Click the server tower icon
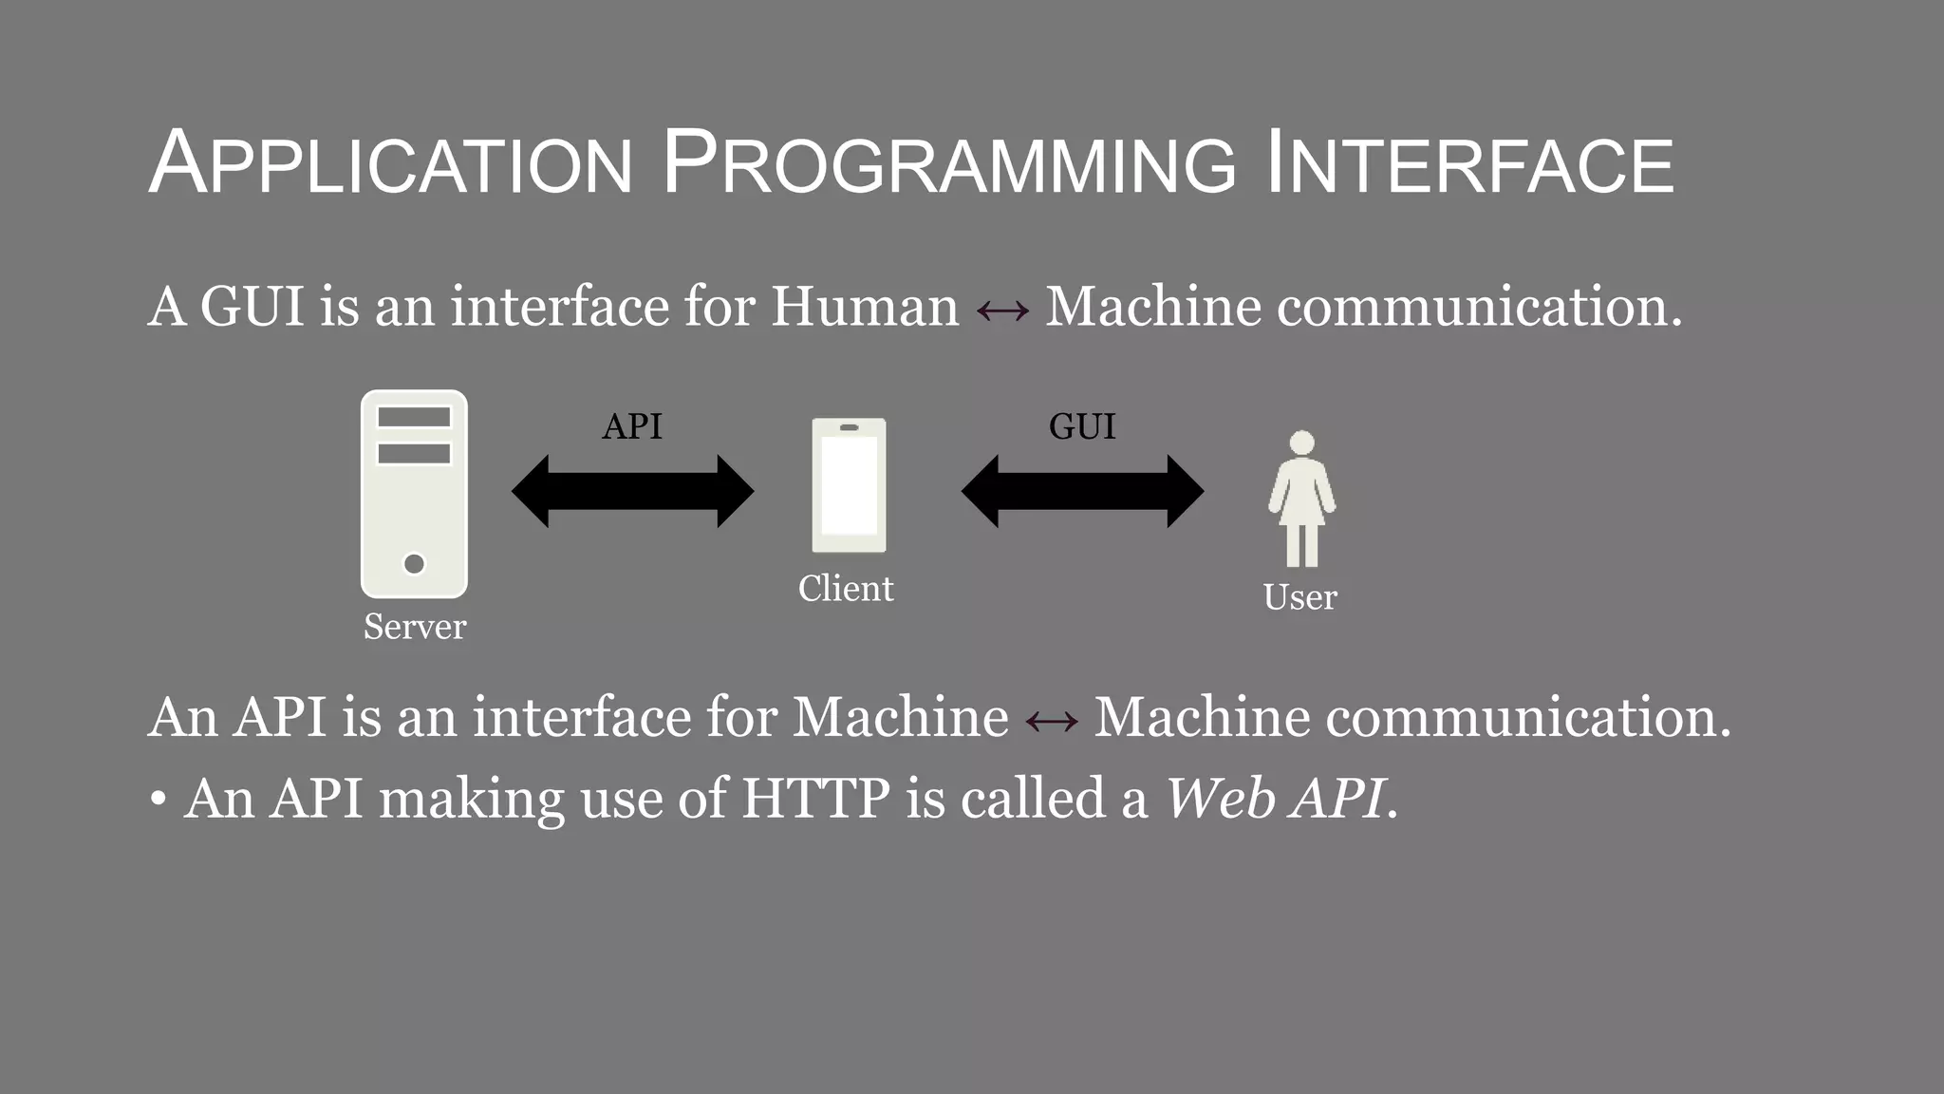[414, 494]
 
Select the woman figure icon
[1301, 499]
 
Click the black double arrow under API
[632, 491]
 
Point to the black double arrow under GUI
[1082, 491]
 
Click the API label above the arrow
[632, 426]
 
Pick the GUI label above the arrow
[1082, 426]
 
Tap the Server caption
[415, 627]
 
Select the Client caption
[846, 589]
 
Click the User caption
[1299, 597]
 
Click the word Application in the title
[390, 163]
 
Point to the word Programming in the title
[949, 163]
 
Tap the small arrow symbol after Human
[1002, 311]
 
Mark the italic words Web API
[1274, 798]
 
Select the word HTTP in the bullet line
[815, 798]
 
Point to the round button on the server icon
[414, 563]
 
